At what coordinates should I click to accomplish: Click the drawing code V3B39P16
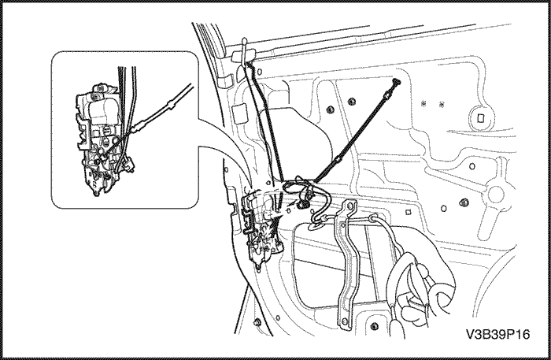(x=497, y=334)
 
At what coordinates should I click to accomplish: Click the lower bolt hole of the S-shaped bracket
(x=344, y=321)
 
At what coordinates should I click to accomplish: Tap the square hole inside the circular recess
(x=481, y=118)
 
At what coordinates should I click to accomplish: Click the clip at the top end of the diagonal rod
(x=397, y=82)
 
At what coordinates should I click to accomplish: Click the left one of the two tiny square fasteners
(x=423, y=103)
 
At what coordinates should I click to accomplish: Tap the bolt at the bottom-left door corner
(x=257, y=322)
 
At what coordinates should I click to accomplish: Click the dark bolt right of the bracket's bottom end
(x=374, y=325)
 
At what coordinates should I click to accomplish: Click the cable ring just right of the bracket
(x=373, y=218)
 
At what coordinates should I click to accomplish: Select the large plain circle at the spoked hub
(x=496, y=194)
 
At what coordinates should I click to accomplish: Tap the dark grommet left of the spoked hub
(x=464, y=202)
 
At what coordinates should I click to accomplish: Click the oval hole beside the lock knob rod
(x=260, y=72)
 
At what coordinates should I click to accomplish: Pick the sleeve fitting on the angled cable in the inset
(x=171, y=105)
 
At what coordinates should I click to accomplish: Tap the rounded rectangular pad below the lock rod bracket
(x=240, y=112)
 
